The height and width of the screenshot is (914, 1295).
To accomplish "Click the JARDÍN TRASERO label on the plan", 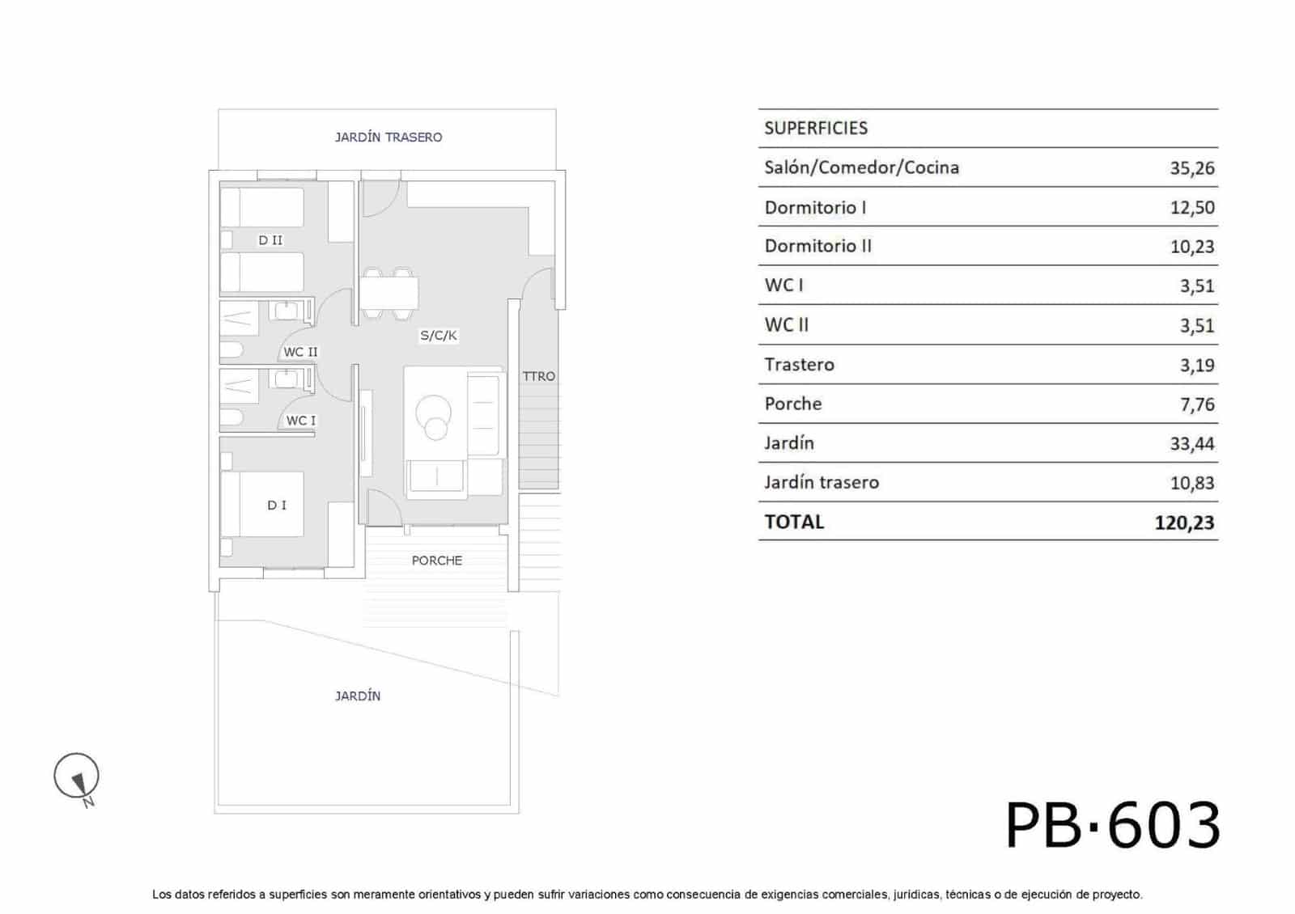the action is pos(388,137).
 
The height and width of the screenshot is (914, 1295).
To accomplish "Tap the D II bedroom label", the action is pos(270,239).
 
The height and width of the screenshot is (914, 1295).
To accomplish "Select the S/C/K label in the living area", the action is pos(438,335).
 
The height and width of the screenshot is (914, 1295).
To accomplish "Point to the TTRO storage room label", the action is pos(539,376).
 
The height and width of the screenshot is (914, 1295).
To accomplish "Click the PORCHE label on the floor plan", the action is pos(437,561).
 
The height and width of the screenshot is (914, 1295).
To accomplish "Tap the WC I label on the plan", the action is pos(300,421).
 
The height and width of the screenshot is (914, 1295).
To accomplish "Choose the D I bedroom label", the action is pos(276,506).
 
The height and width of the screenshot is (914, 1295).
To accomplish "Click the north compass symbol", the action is pos(77,777).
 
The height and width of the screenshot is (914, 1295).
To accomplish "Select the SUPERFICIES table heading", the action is pos(816,128).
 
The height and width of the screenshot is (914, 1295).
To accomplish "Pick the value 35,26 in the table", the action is pos(1192,168).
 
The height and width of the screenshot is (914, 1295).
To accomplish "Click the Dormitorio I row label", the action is pos(815,207).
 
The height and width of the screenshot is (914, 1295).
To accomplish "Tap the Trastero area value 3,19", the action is pos(1197,365).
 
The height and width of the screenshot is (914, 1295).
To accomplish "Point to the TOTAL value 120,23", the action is pos(1185,523).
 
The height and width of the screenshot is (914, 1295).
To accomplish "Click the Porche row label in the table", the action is pos(792,404).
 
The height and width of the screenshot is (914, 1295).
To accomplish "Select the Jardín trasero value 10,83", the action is pos(1192,482).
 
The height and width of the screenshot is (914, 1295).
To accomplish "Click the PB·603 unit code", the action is pos(1113,825).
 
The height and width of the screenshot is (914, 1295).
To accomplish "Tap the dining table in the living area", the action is pos(389,294).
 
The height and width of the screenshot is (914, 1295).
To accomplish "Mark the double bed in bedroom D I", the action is pos(263,505).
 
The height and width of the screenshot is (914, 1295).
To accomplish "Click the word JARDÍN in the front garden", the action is pos(358,696).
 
